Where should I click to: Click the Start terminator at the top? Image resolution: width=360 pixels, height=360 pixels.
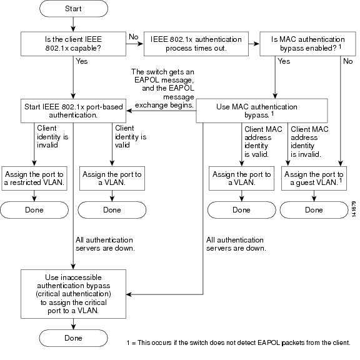coord(74,9)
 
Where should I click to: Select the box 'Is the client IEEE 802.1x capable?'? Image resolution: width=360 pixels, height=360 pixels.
coord(73,44)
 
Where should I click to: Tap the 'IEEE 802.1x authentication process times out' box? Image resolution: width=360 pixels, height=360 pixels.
coord(196,44)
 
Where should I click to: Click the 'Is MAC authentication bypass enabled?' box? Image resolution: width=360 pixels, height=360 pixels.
coord(307,44)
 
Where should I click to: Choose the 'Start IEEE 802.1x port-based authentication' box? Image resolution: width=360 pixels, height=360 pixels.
coord(73,111)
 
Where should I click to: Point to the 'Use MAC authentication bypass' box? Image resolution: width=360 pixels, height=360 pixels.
coord(262,111)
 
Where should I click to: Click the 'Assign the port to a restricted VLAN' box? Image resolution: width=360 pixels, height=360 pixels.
coord(34,178)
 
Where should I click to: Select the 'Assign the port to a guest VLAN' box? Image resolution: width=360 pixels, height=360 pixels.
coord(314,178)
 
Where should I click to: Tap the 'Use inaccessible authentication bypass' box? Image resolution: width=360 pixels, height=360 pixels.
coord(73,294)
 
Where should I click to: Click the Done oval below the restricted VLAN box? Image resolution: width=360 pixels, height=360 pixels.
coord(34,210)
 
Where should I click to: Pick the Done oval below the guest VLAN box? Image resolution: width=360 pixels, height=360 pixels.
coord(314,210)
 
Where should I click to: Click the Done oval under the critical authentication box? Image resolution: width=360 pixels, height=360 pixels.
coord(73,338)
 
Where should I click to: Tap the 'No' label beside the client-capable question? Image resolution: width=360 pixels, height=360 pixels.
coord(134,37)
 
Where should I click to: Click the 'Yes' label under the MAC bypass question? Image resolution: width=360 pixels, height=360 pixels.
coord(284,61)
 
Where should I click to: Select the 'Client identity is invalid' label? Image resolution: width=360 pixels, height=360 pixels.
coord(52,137)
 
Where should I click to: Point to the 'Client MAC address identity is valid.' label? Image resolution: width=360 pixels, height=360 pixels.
coord(263,142)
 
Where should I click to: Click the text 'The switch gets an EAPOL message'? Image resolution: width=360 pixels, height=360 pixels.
coord(164,76)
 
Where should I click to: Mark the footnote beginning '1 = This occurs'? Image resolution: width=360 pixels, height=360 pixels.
coord(239,342)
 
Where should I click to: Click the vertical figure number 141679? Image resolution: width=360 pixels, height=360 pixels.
coord(354,209)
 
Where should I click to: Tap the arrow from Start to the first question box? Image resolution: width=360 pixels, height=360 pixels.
coord(73,24)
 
